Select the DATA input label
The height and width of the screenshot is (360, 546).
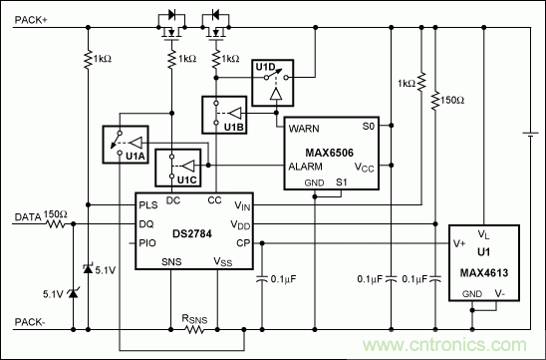(x=27, y=215)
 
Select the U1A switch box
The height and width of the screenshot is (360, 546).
(x=125, y=147)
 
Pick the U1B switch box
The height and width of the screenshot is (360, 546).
(x=225, y=115)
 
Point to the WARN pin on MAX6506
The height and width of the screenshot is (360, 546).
(x=304, y=129)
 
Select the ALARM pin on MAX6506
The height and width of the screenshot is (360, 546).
(x=307, y=166)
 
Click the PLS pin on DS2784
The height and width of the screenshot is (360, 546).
(x=148, y=205)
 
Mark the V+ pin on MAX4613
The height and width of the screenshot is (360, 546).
(x=458, y=241)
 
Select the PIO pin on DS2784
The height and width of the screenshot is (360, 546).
(x=148, y=241)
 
